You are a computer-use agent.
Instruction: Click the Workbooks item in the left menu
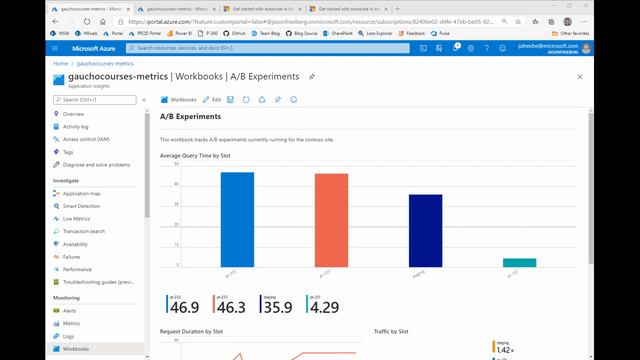[76, 349]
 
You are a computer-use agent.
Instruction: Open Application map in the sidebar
[81, 193]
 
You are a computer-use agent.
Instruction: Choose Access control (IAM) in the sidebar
[86, 139]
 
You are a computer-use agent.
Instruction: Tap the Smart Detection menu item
[81, 206]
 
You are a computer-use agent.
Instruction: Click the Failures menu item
[72, 257]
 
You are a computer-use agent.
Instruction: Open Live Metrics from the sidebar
[76, 218]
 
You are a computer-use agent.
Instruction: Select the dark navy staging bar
[425, 230]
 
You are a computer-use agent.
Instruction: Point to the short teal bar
[519, 263]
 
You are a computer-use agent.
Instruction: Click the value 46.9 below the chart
[184, 308]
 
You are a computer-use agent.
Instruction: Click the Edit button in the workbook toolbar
[212, 100]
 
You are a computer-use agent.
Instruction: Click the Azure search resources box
[270, 48]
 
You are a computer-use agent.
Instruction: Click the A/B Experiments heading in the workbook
[191, 117]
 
